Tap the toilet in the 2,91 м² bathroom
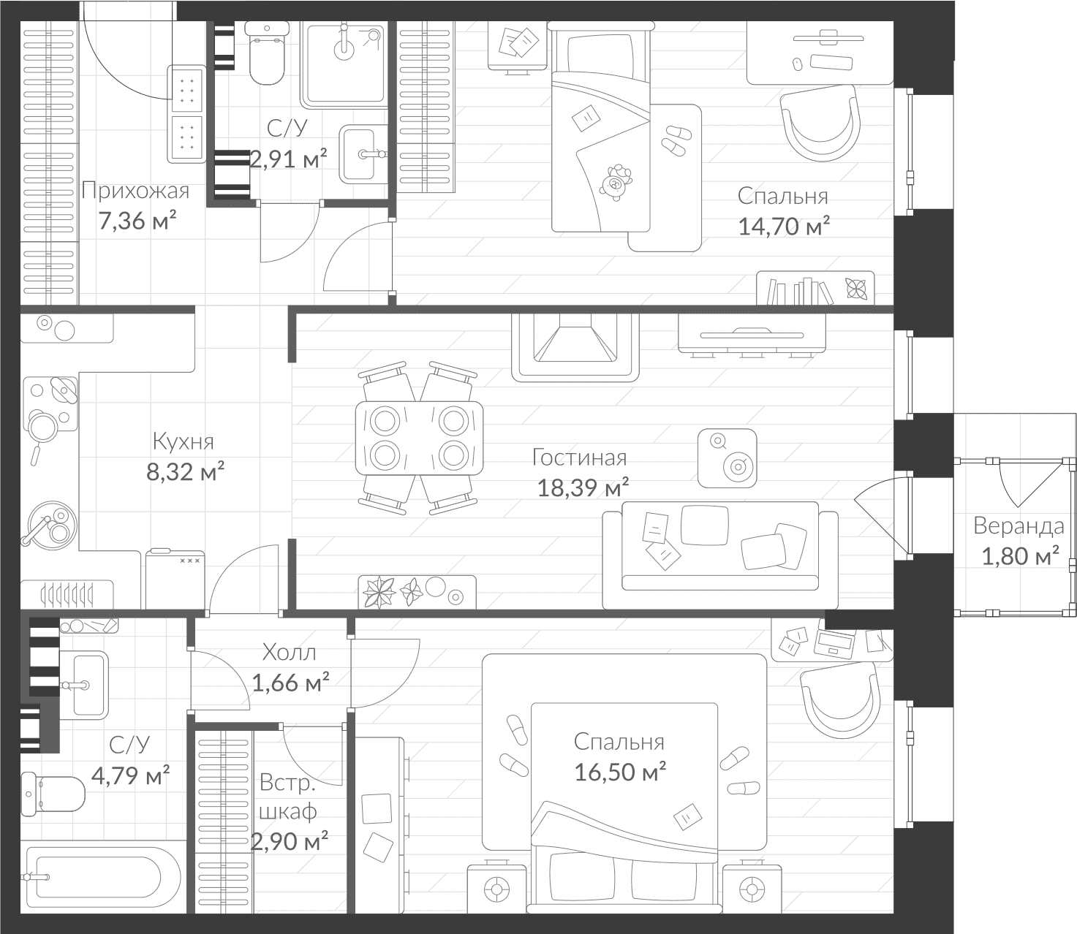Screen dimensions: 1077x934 tap(267, 52)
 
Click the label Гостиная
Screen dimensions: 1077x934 tap(579, 457)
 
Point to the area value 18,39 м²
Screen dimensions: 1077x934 tap(583, 487)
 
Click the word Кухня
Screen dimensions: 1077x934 tap(184, 441)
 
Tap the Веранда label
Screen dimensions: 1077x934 tap(1019, 525)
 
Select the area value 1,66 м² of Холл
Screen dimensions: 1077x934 tap(290, 683)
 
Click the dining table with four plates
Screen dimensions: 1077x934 tap(419, 438)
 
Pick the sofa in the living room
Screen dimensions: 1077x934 tap(720, 555)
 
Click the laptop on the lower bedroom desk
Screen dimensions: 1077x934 tap(834, 642)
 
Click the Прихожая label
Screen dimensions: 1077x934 tap(135, 191)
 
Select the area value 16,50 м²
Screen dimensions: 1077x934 tap(620, 772)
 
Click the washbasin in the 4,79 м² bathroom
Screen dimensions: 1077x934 tap(83, 685)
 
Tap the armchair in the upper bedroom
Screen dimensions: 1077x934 tap(820, 124)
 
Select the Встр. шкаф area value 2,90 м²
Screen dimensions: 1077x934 tap(289, 841)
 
